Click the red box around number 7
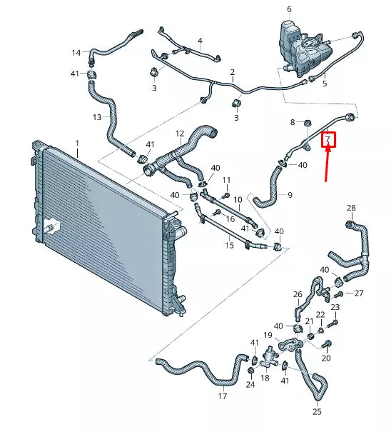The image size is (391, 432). click(x=328, y=139)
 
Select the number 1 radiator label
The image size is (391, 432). click(x=78, y=144)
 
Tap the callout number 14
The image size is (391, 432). click(x=76, y=53)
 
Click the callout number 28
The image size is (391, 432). click(x=350, y=208)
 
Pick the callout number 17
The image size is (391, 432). click(x=223, y=396)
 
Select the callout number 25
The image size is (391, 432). click(x=317, y=412)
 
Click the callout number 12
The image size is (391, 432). click(x=180, y=134)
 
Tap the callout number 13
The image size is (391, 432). click(x=98, y=117)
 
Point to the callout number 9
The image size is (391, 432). click(x=289, y=194)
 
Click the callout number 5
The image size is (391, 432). click(x=324, y=84)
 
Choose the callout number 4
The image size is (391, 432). click(x=200, y=41)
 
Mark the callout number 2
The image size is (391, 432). click(x=233, y=73)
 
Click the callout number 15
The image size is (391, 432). click(x=229, y=246)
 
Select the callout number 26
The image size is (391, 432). click(x=298, y=293)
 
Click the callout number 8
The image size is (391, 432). click(x=292, y=123)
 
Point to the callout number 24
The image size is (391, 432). click(x=250, y=384)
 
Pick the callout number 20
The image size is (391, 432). click(x=327, y=358)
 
